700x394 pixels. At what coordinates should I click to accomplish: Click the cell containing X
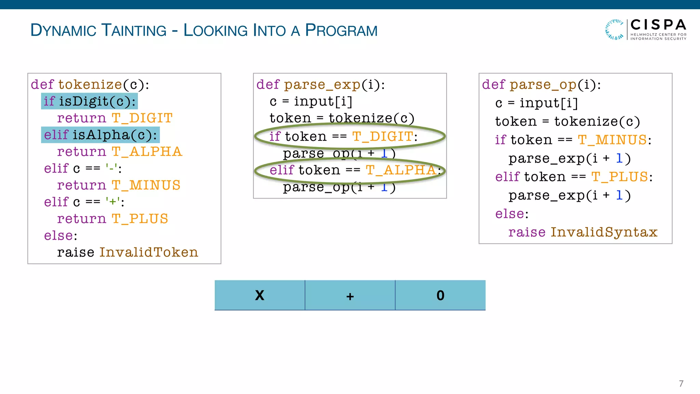click(x=260, y=295)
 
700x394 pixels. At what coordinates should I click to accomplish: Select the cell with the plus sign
click(x=350, y=295)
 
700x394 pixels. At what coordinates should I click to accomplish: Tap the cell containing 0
click(x=440, y=295)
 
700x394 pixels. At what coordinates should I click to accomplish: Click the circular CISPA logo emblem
click(x=615, y=29)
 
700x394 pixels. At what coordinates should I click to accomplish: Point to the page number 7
click(x=681, y=383)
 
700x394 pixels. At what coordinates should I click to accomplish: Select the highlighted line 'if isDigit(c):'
click(x=90, y=101)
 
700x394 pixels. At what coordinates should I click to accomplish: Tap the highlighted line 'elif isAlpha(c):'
click(x=100, y=135)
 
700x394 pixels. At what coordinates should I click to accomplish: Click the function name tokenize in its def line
click(x=90, y=84)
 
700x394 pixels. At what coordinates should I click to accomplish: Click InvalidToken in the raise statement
click(x=149, y=252)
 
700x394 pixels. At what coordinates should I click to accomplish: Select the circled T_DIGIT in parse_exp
click(x=382, y=136)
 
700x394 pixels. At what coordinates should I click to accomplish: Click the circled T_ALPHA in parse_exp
click(x=401, y=170)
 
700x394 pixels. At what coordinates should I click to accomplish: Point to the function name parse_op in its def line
click(x=543, y=84)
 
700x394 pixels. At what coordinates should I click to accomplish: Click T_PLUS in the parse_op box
click(x=620, y=177)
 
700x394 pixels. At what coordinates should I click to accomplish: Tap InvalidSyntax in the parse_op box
click(x=604, y=232)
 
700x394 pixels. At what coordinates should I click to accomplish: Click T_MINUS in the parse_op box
click(x=612, y=140)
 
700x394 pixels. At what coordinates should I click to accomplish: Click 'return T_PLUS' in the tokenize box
click(x=112, y=219)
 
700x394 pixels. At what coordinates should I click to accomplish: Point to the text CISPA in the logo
click(x=658, y=25)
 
